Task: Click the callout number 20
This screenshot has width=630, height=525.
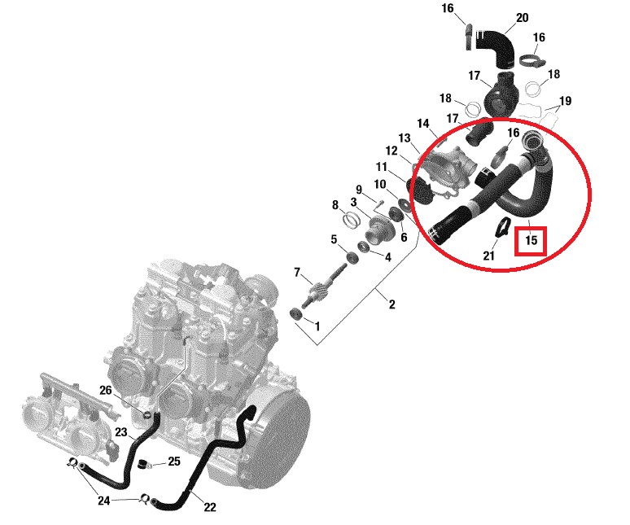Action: [x=522, y=17]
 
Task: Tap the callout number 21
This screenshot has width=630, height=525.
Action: [x=489, y=256]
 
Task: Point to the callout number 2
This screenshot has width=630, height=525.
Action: [x=392, y=305]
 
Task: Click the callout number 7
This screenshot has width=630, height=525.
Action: [x=297, y=272]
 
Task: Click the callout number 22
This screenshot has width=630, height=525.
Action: [x=210, y=507]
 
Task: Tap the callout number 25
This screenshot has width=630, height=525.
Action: [x=173, y=462]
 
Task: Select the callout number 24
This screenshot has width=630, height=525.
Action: [x=103, y=501]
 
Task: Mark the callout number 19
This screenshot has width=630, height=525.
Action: [x=566, y=101]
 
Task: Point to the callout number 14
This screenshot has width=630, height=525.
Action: [x=422, y=124]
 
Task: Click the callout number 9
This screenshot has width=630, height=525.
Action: [x=358, y=190]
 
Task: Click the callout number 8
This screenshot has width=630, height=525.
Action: [x=335, y=205]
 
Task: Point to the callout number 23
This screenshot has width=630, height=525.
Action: [x=120, y=432]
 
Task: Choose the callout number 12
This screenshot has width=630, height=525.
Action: [x=392, y=151]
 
